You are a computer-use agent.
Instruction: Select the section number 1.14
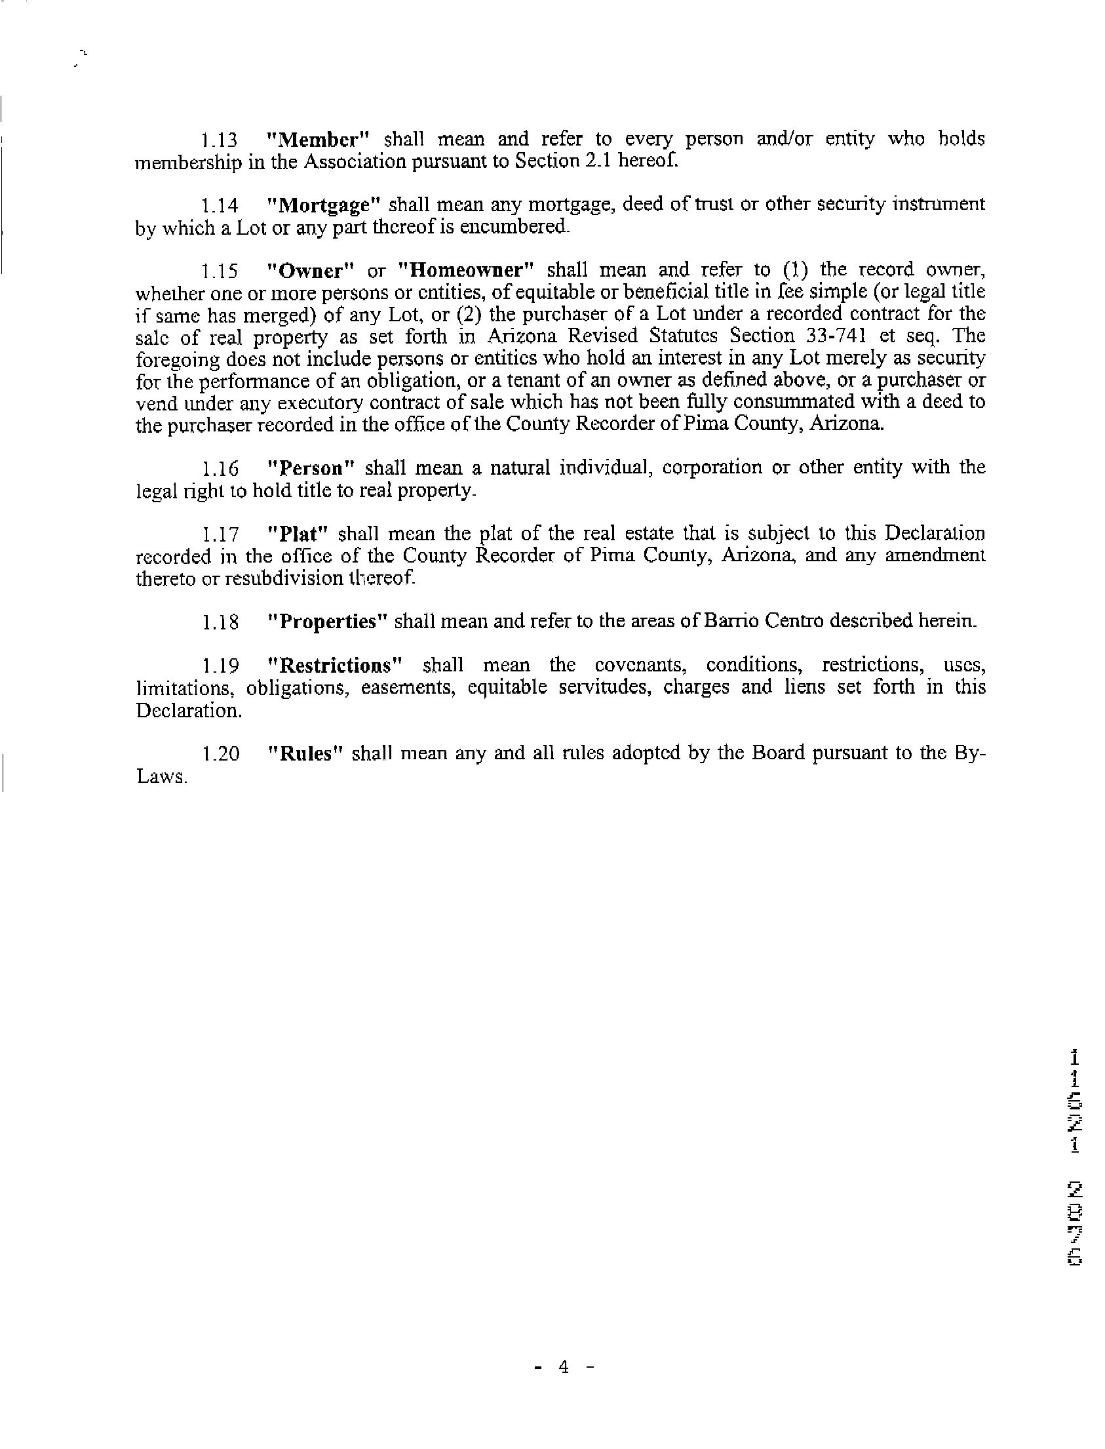pyautogui.click(x=219, y=207)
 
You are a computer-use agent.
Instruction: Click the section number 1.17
pyautogui.click(x=220, y=534)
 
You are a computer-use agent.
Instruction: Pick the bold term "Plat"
pyautogui.click(x=299, y=533)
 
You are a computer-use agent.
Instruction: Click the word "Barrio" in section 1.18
pyautogui.click(x=731, y=621)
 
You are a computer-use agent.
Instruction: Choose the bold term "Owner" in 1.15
pyautogui.click(x=308, y=271)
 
